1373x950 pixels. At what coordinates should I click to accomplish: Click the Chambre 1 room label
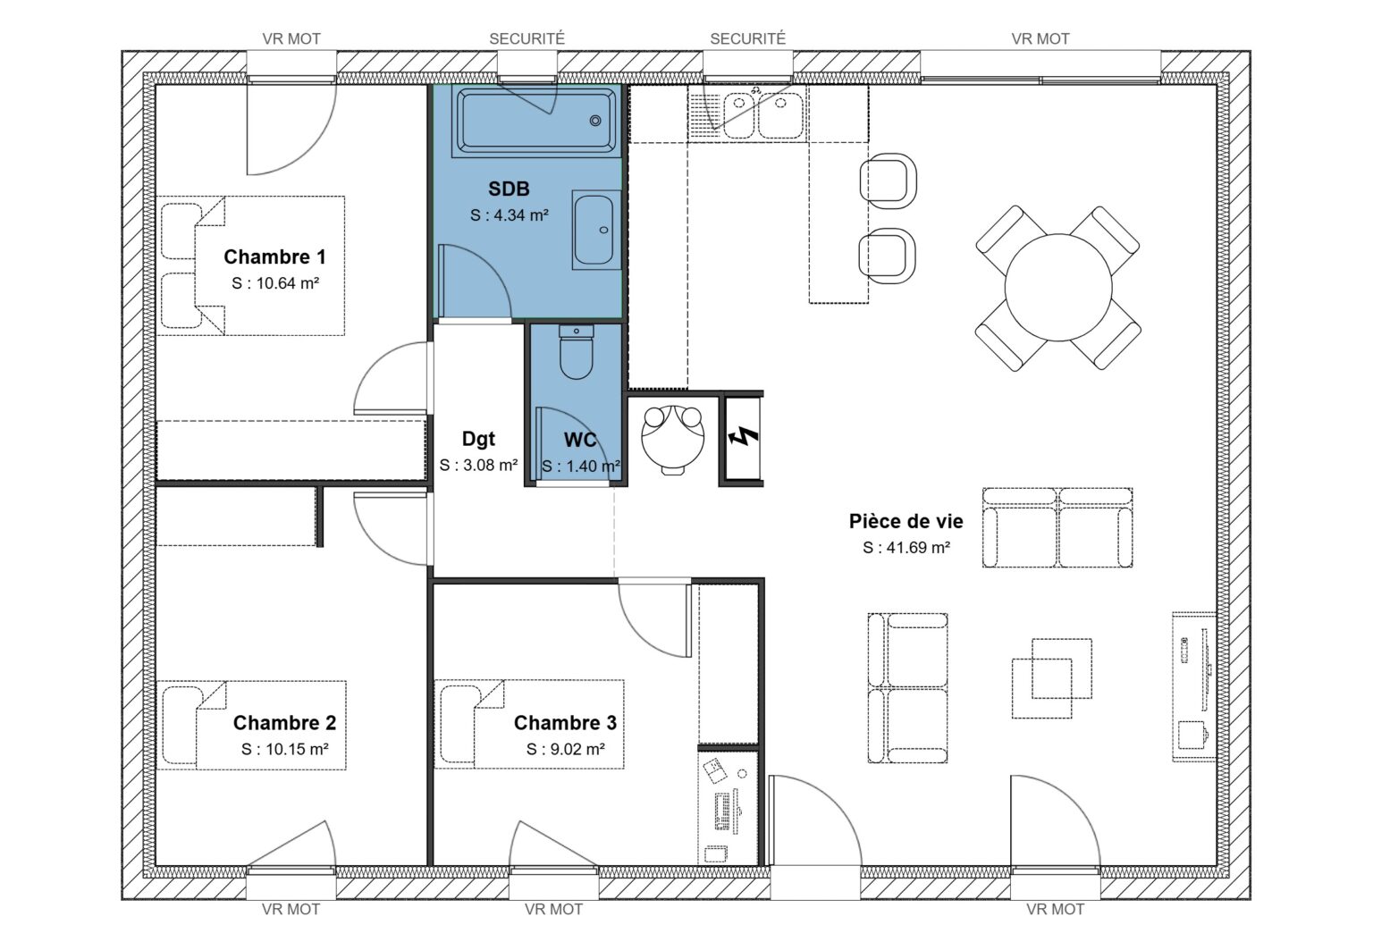[274, 257]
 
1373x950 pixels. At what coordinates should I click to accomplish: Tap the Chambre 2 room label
[284, 723]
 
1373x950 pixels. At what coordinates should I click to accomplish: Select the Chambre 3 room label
[565, 723]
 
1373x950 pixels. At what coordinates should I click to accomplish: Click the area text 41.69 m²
[906, 548]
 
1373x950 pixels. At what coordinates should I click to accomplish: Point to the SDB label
[509, 189]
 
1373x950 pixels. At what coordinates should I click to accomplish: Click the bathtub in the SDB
[535, 120]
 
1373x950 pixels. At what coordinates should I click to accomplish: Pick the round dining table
[1058, 288]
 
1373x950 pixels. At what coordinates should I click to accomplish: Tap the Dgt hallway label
[478, 439]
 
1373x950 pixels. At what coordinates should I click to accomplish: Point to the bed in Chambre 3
[529, 724]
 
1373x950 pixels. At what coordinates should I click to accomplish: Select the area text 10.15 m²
[284, 750]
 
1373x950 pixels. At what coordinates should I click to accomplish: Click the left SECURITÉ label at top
[526, 38]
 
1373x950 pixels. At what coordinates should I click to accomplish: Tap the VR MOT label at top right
[1040, 38]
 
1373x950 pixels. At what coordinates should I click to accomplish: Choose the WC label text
[580, 440]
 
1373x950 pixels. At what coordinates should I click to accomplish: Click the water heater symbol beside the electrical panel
[674, 435]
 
